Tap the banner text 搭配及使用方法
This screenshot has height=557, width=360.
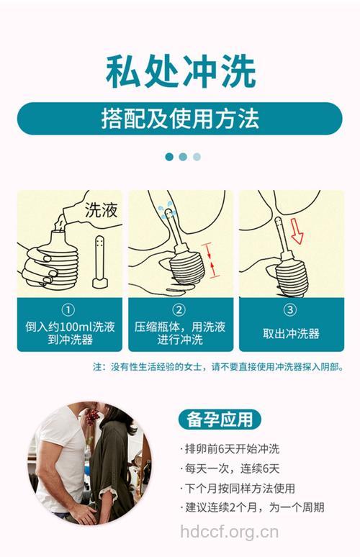coord(180,119)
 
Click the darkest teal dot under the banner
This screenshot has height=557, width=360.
coord(169,156)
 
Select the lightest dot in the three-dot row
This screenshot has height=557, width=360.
coord(197,156)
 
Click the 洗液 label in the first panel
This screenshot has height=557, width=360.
coord(101,211)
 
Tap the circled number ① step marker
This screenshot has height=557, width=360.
coord(69,310)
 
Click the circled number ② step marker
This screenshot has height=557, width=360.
coord(180,310)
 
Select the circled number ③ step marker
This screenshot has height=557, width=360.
coord(290,310)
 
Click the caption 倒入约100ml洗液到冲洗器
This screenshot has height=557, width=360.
coord(69,332)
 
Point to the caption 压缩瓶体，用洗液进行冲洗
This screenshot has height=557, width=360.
coord(180,332)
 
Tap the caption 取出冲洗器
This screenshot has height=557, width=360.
coord(290,333)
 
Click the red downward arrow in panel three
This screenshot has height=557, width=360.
coord(296,231)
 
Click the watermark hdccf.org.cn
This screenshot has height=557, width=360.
coord(229,533)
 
